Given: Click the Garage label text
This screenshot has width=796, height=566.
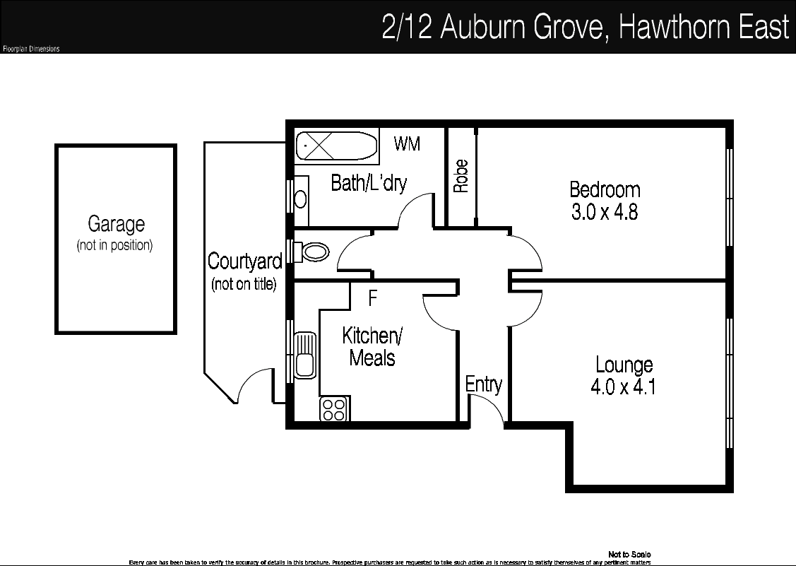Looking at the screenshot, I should coord(116,225).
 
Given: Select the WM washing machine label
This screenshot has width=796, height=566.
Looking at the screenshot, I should coord(407,144).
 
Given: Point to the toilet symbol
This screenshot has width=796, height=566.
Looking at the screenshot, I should coord(314,252).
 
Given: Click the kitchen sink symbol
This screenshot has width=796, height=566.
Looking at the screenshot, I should coord(305,355).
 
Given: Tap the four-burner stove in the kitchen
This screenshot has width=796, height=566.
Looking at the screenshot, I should coord(334,409).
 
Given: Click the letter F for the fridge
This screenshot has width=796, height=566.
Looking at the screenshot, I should coord(373,299).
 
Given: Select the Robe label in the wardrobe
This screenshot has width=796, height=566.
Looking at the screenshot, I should coord(461,177).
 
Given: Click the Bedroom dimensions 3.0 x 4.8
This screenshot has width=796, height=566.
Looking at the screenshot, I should coord(605,212).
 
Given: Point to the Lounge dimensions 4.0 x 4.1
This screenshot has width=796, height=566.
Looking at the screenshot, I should coord(624,387).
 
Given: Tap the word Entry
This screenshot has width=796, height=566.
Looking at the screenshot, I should coord(484,384).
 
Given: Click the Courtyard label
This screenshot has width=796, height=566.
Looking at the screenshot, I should coord(244,261).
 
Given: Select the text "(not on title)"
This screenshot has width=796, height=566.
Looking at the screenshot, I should coord(244,285).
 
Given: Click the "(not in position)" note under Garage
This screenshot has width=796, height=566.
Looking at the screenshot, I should coord(114,246).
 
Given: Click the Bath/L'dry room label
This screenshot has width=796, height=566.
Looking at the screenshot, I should coord(369,184).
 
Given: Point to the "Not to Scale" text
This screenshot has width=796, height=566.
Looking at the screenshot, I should coord(629,555).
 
